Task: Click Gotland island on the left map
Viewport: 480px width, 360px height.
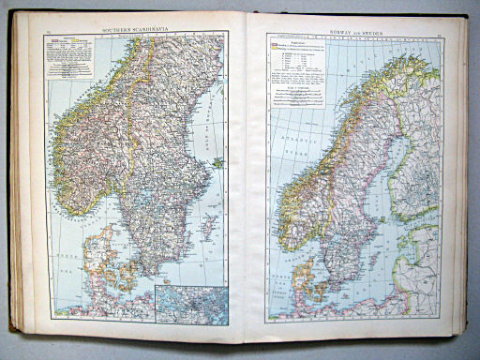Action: coord(209,226)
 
